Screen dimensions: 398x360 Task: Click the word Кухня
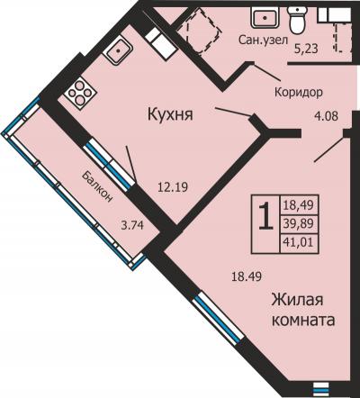point(173,114)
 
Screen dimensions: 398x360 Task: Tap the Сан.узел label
point(262,40)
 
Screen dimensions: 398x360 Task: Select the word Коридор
point(298,93)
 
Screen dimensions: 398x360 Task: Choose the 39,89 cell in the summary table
point(297,222)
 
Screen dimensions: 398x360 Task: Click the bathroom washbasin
point(265,17)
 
